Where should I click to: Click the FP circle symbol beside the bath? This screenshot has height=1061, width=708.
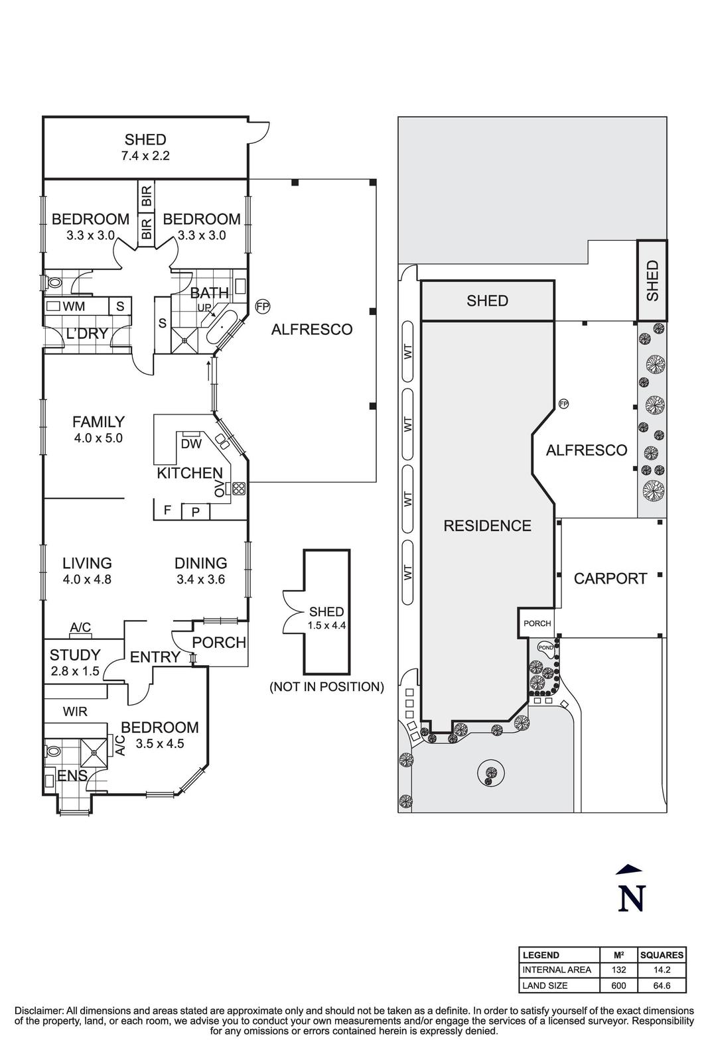(263, 306)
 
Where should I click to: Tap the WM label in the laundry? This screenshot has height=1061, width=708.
(74, 306)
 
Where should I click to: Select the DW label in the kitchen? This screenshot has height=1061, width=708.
(191, 444)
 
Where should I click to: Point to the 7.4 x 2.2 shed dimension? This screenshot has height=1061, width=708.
(145, 156)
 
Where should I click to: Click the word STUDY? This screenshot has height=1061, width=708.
(75, 655)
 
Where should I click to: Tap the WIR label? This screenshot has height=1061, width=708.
(75, 712)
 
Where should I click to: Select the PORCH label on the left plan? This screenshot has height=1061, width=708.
(219, 643)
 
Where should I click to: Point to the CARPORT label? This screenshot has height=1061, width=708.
(610, 578)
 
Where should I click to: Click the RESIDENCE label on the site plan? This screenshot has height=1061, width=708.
(487, 526)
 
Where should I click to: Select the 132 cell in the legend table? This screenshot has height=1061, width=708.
(618, 969)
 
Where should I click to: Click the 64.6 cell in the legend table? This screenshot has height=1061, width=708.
(662, 985)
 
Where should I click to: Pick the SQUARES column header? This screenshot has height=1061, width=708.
(662, 955)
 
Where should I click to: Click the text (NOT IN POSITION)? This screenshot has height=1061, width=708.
(326, 687)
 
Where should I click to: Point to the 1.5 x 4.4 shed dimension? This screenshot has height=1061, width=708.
(326, 625)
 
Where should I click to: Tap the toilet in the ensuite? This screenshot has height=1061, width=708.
(52, 752)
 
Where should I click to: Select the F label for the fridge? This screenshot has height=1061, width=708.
(168, 510)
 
